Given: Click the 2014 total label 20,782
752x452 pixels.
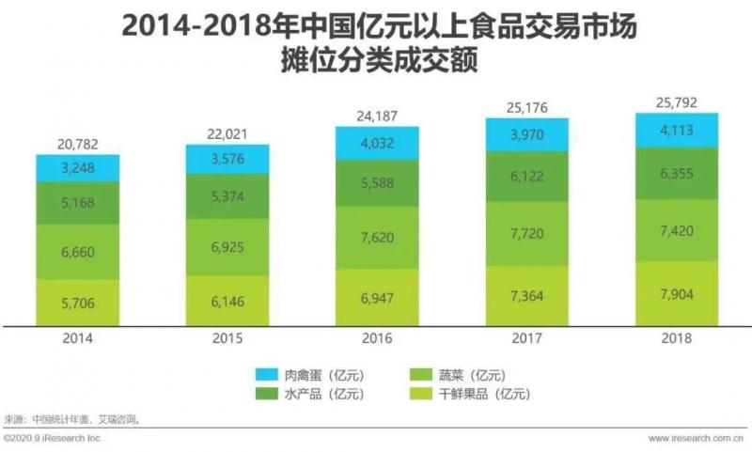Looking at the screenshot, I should pyautogui.click(x=78, y=144).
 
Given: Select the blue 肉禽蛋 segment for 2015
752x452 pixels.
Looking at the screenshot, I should pyautogui.click(x=227, y=158).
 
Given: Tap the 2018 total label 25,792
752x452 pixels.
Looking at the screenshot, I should pyautogui.click(x=677, y=101).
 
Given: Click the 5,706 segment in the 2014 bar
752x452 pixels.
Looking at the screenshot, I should pyautogui.click(x=78, y=303).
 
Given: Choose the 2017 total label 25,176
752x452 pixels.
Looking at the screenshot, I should pyautogui.click(x=527, y=106).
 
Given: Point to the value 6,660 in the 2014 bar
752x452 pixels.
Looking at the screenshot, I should pyautogui.click(x=78, y=252).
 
